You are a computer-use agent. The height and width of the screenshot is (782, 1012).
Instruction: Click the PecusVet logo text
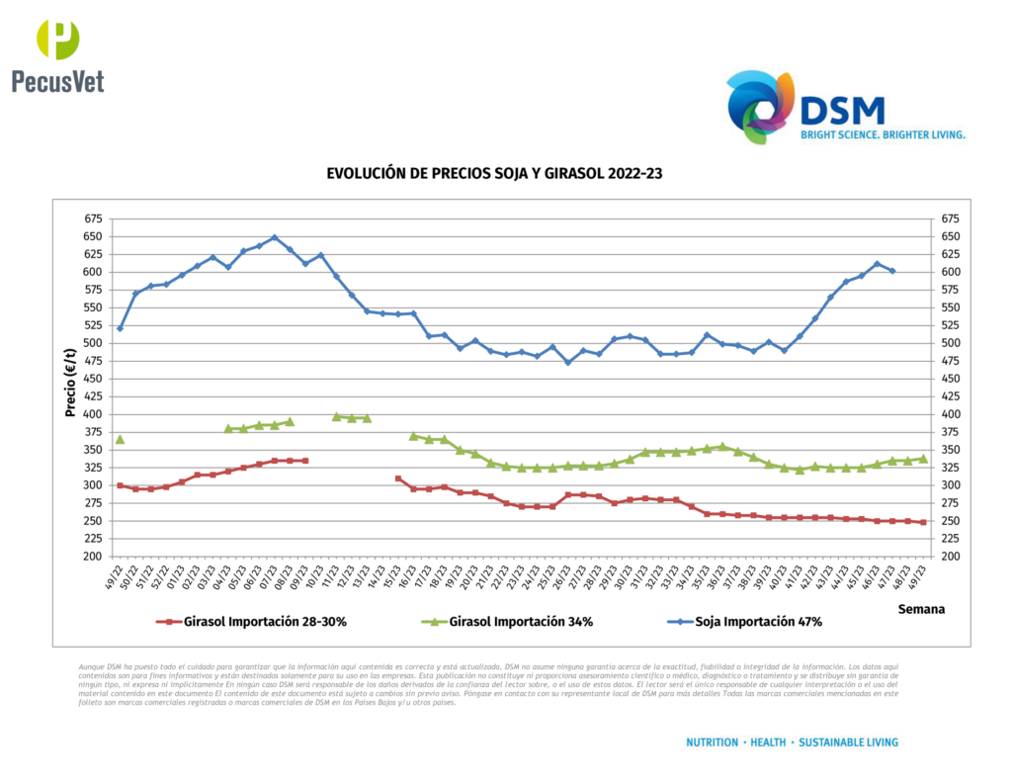57,81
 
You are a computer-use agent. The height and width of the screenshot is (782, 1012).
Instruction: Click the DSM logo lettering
842,109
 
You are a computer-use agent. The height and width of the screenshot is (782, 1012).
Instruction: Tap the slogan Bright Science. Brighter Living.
883,133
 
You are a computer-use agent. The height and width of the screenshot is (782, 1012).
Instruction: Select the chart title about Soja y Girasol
494,173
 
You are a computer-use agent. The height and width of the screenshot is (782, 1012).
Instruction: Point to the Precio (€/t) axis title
71,380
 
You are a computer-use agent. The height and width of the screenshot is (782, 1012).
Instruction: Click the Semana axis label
921,609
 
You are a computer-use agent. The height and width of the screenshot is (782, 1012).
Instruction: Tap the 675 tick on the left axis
91,218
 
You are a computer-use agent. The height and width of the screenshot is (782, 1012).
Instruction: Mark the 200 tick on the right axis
949,557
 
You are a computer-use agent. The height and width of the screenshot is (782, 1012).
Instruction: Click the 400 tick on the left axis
91,414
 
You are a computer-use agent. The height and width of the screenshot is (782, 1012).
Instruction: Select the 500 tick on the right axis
949,343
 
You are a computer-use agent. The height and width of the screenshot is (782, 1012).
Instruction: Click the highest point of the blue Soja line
275,237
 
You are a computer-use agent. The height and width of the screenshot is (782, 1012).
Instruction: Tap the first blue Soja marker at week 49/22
120,328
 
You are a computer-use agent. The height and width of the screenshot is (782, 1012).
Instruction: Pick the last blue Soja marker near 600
892,271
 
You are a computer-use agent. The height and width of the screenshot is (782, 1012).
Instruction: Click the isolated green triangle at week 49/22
120,439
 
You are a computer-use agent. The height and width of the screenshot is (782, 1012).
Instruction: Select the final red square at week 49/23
923,522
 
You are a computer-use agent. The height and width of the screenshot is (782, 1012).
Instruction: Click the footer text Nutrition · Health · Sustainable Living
792,741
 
